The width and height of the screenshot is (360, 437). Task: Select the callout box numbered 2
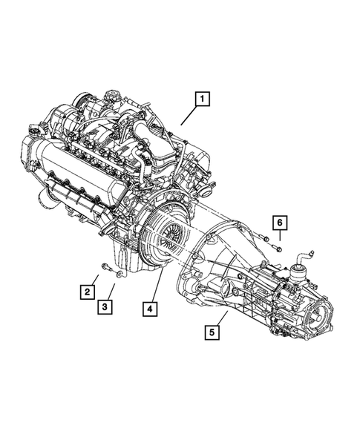[87, 292]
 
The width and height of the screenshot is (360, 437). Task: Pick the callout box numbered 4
[151, 307]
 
